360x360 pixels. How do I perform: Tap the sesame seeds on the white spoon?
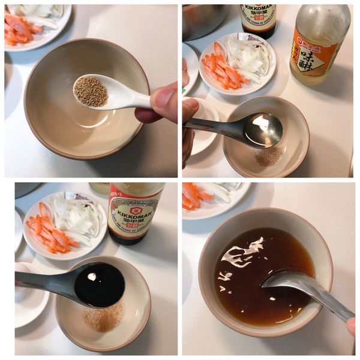point(91,91)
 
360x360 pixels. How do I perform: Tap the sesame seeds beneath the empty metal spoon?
point(269,157)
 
